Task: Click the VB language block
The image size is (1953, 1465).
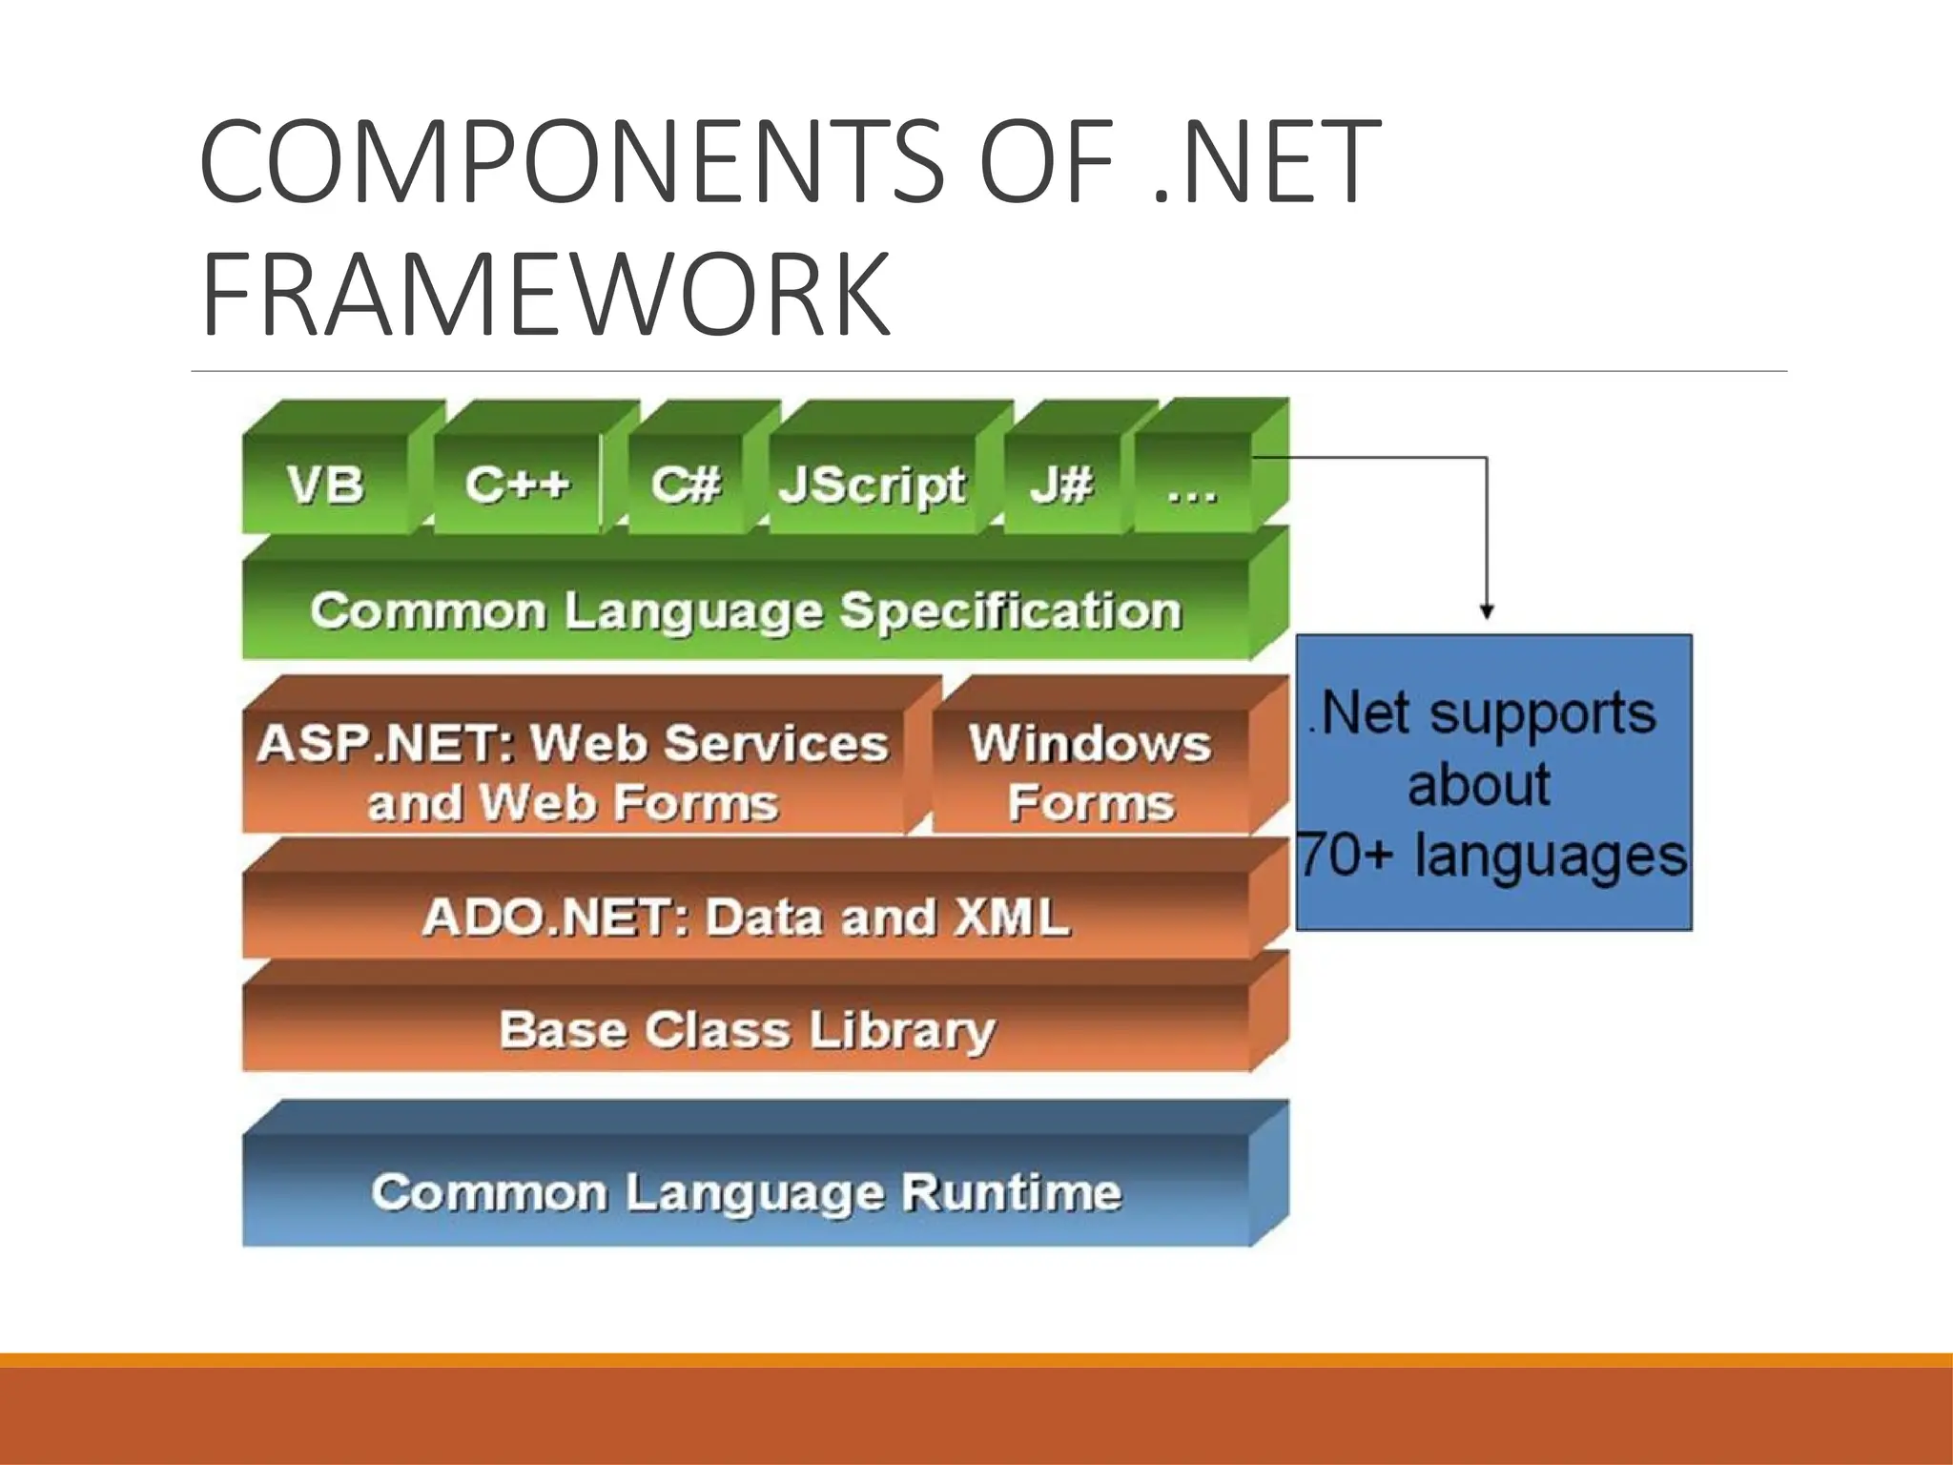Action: click(325, 484)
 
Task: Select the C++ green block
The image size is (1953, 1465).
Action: click(517, 484)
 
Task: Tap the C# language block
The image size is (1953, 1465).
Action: click(686, 484)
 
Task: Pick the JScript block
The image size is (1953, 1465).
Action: click(872, 484)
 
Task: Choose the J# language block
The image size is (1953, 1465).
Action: click(1060, 484)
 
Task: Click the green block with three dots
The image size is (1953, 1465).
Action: click(1192, 484)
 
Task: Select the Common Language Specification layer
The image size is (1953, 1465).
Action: click(746, 610)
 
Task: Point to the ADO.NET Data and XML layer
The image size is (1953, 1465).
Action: click(746, 917)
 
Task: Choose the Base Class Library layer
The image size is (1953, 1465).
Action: click(746, 1029)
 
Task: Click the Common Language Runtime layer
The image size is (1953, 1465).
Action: click(746, 1191)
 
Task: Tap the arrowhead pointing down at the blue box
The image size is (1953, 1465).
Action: click(1487, 611)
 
